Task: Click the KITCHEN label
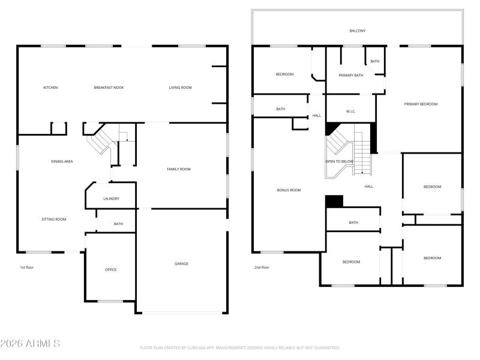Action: [50, 88]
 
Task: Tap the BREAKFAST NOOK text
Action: [109, 88]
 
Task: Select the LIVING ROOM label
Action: [180, 88]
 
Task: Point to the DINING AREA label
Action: [62, 161]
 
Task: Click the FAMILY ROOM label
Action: [178, 169]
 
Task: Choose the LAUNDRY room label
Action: [111, 199]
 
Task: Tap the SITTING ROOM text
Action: [53, 219]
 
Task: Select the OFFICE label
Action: [110, 269]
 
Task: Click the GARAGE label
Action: [181, 263]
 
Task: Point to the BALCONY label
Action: [358, 31]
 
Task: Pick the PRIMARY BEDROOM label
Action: [421, 104]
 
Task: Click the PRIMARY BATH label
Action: [350, 75]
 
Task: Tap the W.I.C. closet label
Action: [351, 112]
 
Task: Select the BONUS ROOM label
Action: [289, 190]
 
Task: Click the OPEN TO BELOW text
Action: [340, 161]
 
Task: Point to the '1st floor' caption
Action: [27, 267]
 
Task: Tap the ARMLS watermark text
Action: [30, 344]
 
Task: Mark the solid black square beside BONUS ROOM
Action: [334, 201]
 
